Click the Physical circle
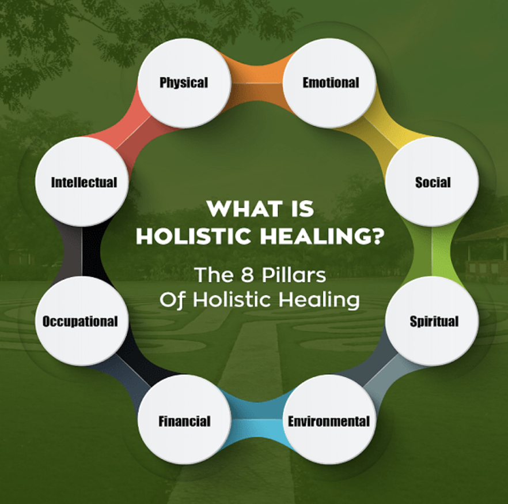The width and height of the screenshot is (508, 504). pyautogui.click(x=184, y=82)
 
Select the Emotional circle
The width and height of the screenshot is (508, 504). pyautogui.click(x=329, y=82)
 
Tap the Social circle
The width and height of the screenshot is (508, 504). pyautogui.click(x=432, y=182)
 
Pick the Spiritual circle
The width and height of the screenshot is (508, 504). pyautogui.click(x=432, y=321)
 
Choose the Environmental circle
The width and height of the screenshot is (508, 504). pyautogui.click(x=329, y=420)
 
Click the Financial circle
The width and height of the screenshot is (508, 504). pyautogui.click(x=184, y=420)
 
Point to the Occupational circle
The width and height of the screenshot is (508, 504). pyautogui.click(x=82, y=321)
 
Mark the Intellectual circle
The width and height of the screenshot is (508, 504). pyautogui.click(x=82, y=182)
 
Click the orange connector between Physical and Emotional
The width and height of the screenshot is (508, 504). pyautogui.click(x=257, y=83)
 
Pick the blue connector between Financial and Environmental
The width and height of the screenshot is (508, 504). pyautogui.click(x=257, y=420)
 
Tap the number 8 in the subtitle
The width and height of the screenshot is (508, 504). pyautogui.click(x=247, y=275)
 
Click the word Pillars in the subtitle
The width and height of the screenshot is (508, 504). pyautogui.click(x=294, y=275)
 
